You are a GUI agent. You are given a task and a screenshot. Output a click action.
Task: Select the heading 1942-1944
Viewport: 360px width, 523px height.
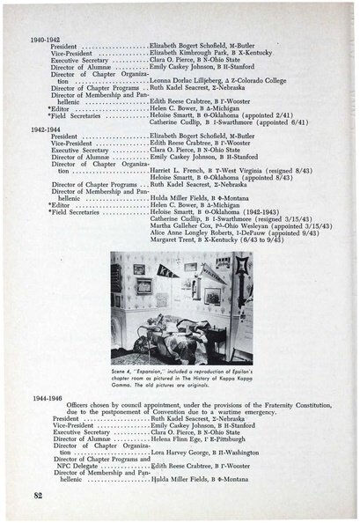[x=43, y=130]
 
